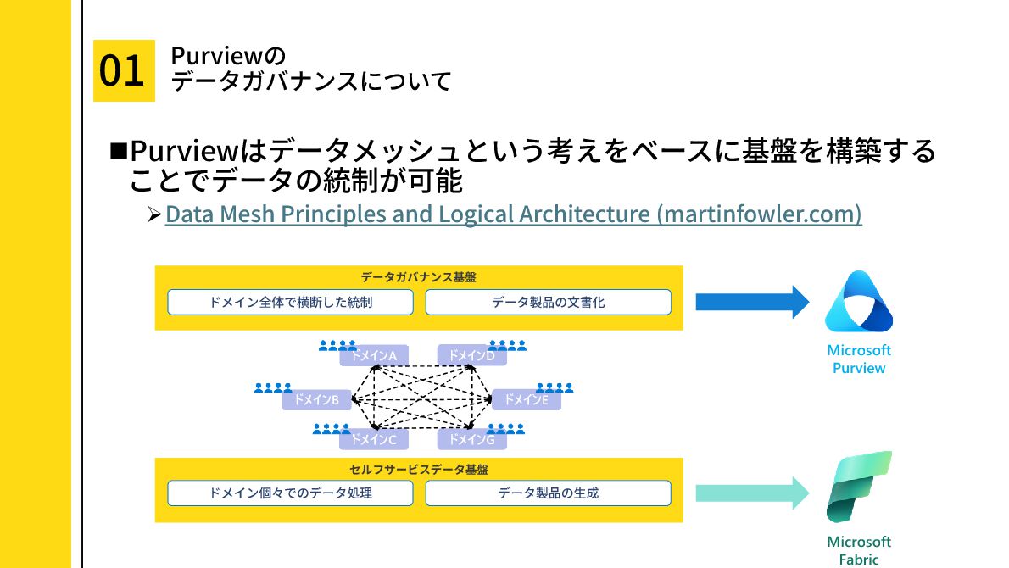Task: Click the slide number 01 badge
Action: (123, 70)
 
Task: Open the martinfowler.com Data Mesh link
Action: (513, 214)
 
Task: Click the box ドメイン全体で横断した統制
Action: (290, 302)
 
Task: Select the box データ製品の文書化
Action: (548, 302)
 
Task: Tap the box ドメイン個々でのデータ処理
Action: (290, 493)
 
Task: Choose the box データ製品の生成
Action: (548, 493)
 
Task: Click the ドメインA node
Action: (374, 356)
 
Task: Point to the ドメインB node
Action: (316, 399)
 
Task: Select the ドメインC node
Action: (374, 439)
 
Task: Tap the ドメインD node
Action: (471, 356)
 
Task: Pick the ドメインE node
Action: (526, 399)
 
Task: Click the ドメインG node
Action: (471, 439)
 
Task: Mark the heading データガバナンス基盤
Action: (419, 277)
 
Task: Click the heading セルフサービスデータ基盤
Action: (419, 468)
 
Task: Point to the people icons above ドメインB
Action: (273, 388)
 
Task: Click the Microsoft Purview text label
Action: (858, 359)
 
